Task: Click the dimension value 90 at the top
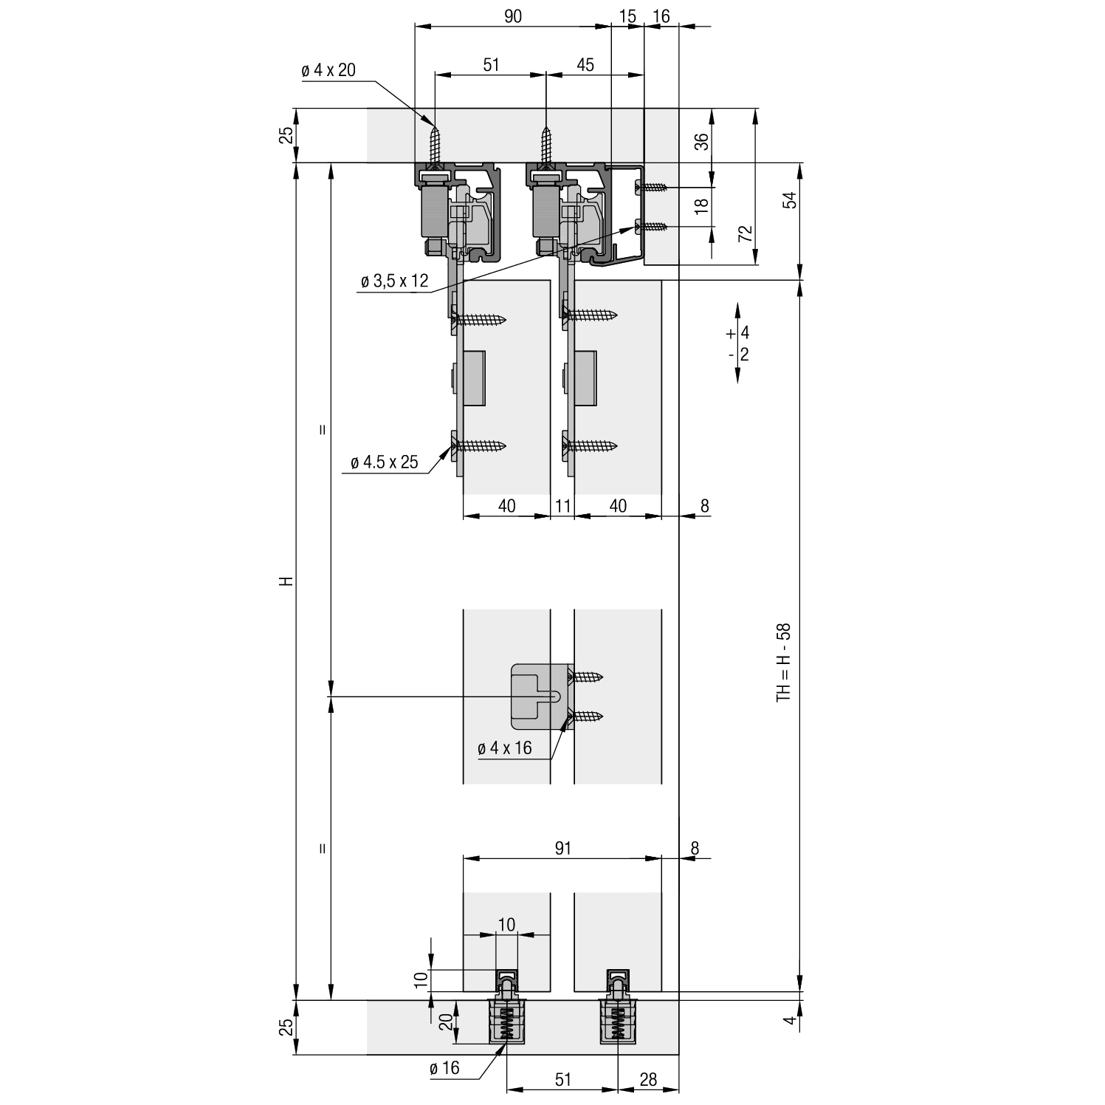[513, 16]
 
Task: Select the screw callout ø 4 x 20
[328, 70]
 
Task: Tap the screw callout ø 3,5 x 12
[394, 282]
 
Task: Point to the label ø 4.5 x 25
[385, 462]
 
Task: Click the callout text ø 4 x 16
[505, 748]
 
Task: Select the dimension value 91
[562, 849]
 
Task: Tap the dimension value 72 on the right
[745, 234]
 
